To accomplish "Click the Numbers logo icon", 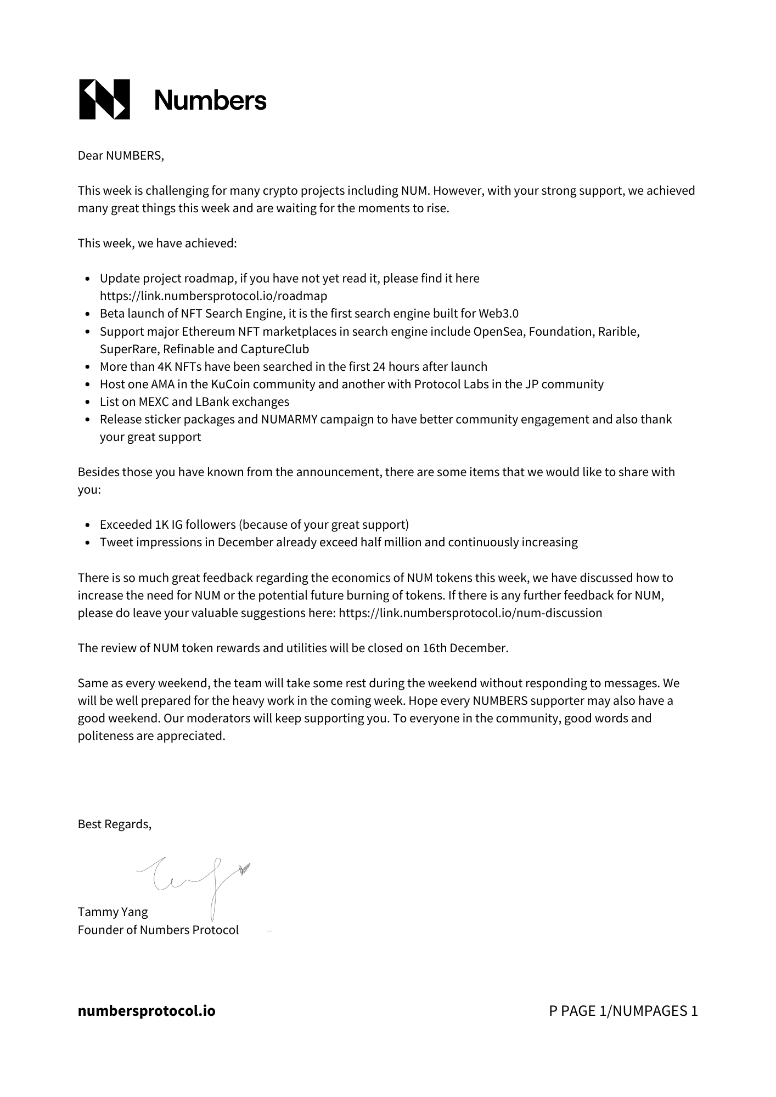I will coord(105,99).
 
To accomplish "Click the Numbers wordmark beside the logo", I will coord(210,100).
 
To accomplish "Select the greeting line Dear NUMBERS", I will coord(121,156).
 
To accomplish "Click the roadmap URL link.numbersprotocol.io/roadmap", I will coord(213,296).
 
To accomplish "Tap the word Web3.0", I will coord(498,314).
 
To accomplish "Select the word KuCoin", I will coord(230,384).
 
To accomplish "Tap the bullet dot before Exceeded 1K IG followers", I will coord(88,525).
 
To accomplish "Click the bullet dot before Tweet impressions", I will coord(88,543).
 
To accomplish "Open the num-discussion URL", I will coord(470,613).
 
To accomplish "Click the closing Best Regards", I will coord(115,824).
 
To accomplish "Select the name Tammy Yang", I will coord(113,912).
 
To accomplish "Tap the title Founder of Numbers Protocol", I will coord(158,930).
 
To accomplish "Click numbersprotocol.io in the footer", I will coord(147,1011).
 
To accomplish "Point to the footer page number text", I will coord(623,1011).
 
